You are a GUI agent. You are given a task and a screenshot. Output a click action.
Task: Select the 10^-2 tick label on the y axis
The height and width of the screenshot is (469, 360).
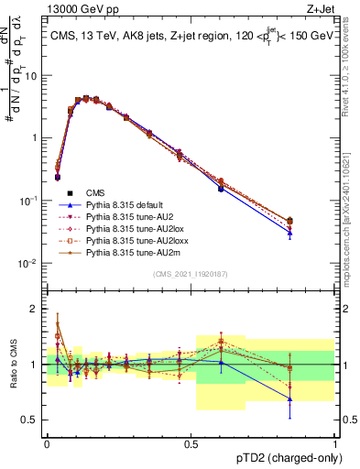pos(27,264)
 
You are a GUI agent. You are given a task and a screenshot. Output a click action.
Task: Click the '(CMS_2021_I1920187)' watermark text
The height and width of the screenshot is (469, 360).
pos(191,273)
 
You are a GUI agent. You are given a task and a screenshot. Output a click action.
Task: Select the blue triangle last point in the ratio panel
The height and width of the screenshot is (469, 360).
pos(290,399)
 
